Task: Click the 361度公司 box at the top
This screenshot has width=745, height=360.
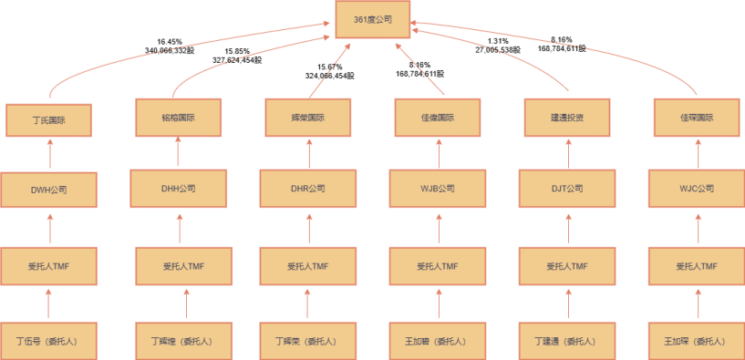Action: (x=372, y=19)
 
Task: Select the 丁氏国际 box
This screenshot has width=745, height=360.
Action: (x=48, y=120)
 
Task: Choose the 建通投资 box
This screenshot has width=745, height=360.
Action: (x=568, y=118)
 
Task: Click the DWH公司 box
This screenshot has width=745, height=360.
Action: (x=48, y=190)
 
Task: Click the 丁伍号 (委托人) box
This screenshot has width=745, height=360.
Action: (x=48, y=341)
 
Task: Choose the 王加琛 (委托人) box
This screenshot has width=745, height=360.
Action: (x=697, y=341)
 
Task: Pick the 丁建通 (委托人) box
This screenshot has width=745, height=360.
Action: (x=568, y=341)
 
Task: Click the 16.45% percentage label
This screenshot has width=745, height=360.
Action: (x=170, y=41)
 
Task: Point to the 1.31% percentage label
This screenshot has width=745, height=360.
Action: (x=498, y=41)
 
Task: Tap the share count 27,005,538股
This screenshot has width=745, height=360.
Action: (x=498, y=50)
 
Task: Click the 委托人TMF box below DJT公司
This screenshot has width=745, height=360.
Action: (x=568, y=267)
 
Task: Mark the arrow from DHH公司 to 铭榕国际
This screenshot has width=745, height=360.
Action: (x=178, y=153)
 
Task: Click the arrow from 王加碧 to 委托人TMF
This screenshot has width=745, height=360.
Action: (x=439, y=303)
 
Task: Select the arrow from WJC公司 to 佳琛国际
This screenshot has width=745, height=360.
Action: (x=697, y=153)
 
